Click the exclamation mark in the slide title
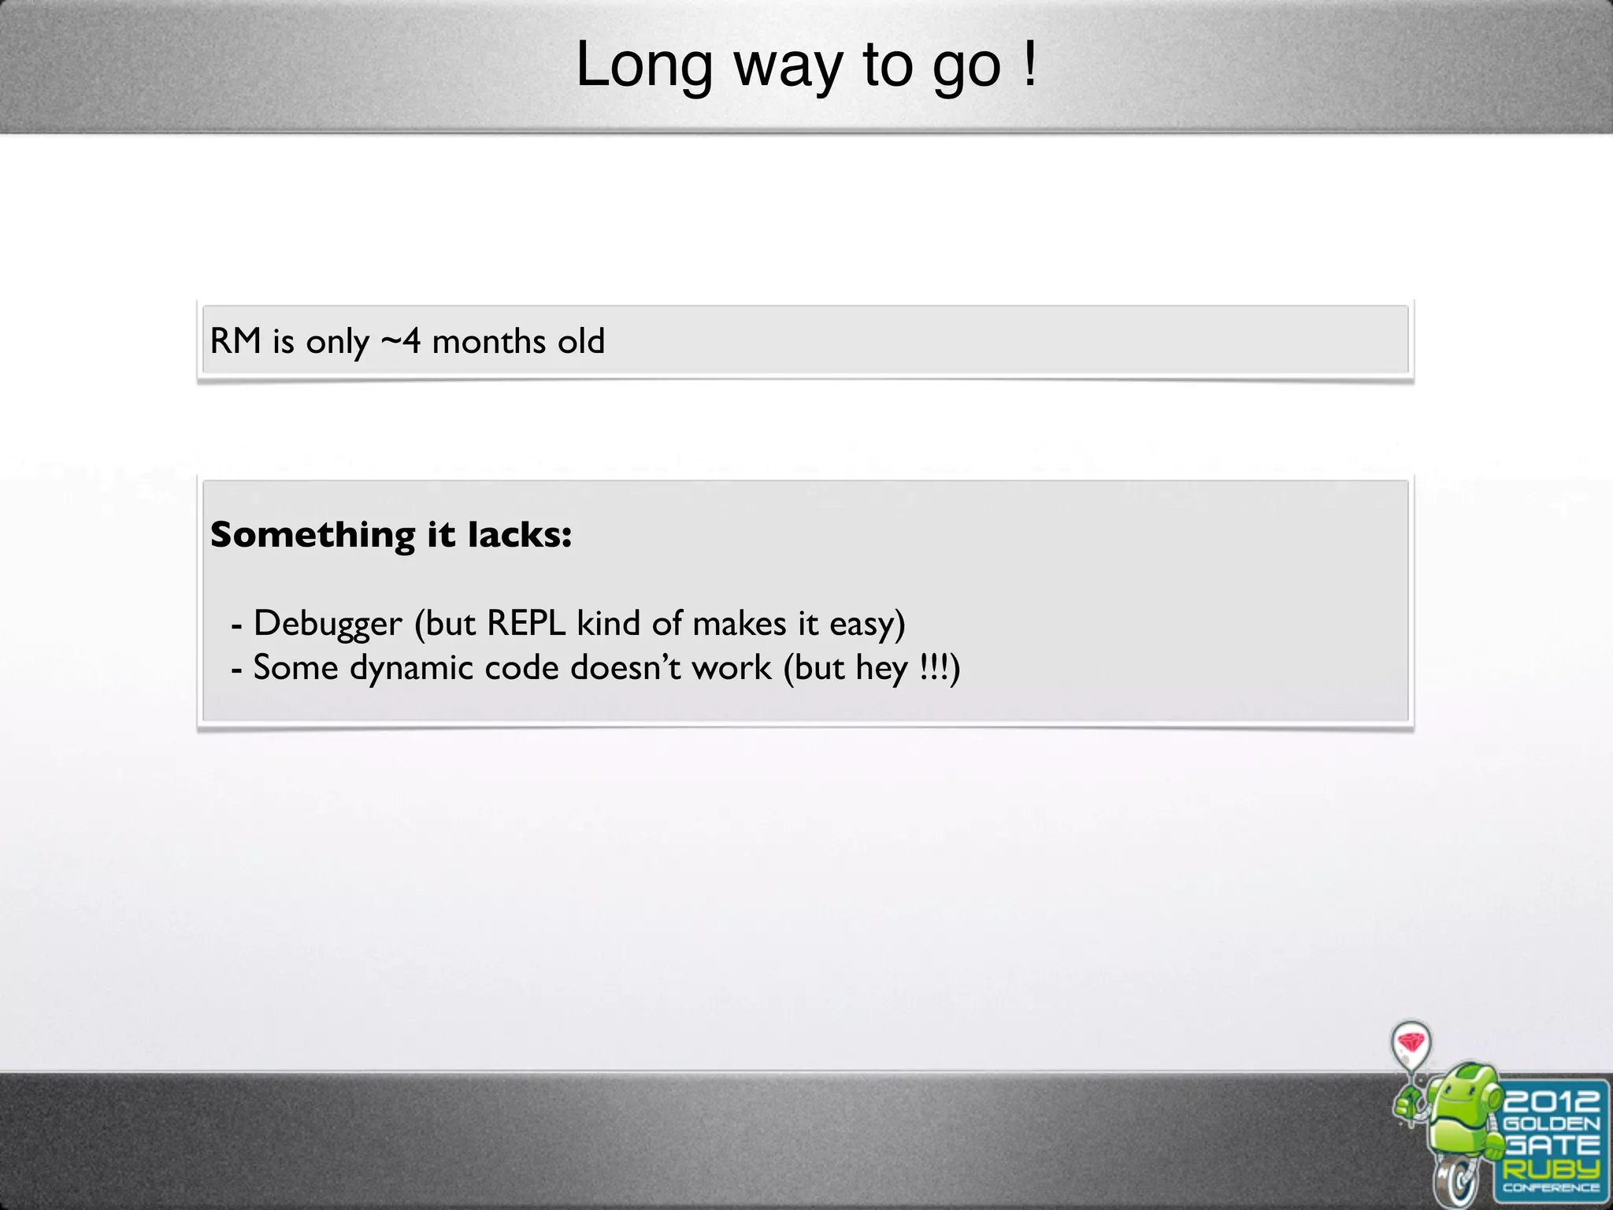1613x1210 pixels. pyautogui.click(x=1030, y=65)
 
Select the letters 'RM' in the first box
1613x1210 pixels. pyautogui.click(x=235, y=341)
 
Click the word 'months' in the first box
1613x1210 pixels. pyautogui.click(x=488, y=341)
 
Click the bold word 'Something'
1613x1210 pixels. pyautogui.click(x=313, y=536)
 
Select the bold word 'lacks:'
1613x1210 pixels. pyautogui.click(x=520, y=534)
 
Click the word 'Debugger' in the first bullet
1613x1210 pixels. pyautogui.click(x=327, y=624)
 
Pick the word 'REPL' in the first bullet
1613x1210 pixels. pyautogui.click(x=526, y=623)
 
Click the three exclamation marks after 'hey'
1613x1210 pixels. pyautogui.click(x=933, y=668)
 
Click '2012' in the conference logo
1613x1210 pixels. pyautogui.click(x=1551, y=1101)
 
